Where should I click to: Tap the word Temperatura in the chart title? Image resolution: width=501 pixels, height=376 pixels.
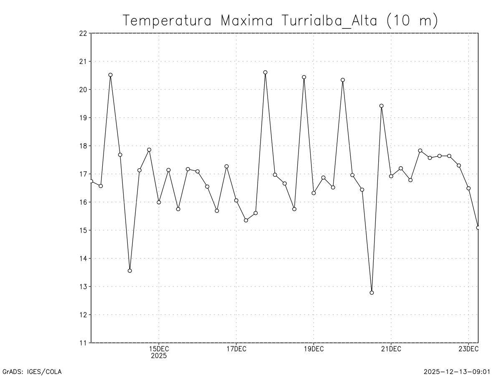[169, 20]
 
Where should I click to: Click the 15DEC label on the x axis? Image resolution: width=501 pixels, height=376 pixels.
[159, 349]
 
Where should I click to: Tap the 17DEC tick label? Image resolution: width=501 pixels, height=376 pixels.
[236, 349]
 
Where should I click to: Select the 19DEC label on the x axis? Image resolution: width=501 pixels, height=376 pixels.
[314, 349]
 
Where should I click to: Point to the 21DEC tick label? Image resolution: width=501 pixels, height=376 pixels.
[391, 349]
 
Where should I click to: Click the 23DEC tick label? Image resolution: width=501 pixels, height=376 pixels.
[468, 349]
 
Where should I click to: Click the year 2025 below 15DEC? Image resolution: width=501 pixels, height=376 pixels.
[159, 356]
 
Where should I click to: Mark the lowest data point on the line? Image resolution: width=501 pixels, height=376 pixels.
[372, 292]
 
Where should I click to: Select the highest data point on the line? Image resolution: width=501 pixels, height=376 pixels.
[265, 72]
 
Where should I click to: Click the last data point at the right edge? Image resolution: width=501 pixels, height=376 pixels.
[478, 228]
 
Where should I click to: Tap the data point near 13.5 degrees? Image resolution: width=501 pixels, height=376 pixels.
[130, 271]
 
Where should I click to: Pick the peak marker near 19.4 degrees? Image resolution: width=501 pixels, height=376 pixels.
[381, 106]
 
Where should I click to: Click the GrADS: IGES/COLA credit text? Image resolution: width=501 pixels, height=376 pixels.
[32, 371]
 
